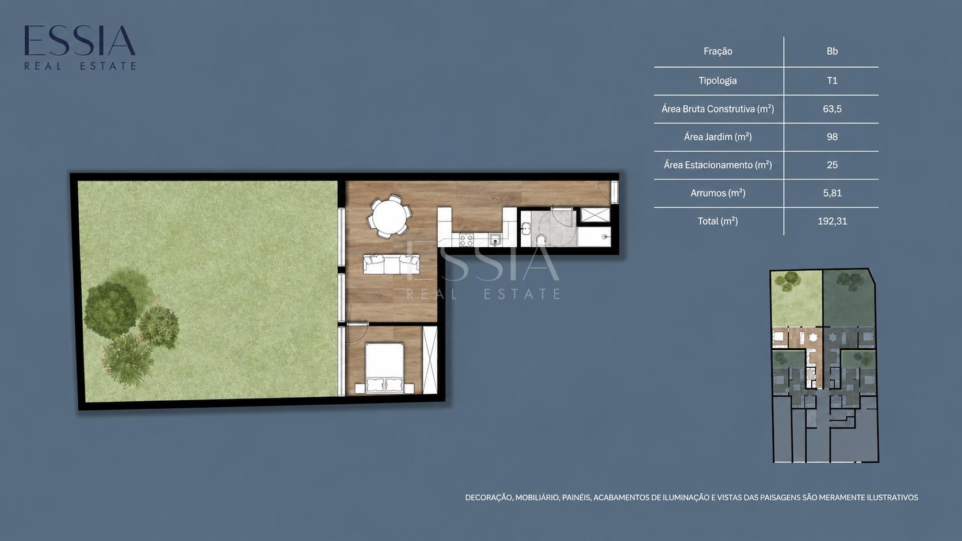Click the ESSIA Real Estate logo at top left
point(80,47)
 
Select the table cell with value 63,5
point(832,109)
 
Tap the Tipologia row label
point(717,80)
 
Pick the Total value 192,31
point(832,221)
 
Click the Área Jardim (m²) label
point(717,137)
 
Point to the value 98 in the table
point(832,137)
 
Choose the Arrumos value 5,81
point(832,193)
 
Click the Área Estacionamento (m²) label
point(717,165)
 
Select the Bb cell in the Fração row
point(832,51)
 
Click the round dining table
point(389,216)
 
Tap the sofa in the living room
point(391,264)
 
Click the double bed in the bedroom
point(384,368)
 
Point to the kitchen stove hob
point(467,239)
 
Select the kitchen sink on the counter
point(495,239)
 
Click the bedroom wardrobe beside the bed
point(430,360)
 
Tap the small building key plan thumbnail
point(824,366)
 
